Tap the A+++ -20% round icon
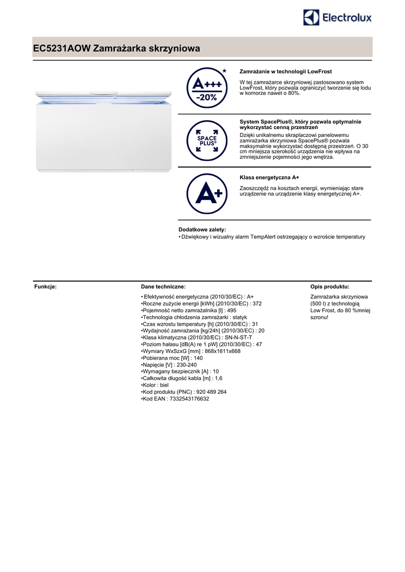pos(207,88)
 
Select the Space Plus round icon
pos(207,140)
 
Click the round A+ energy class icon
pos(207,194)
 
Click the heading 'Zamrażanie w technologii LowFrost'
pos(285,71)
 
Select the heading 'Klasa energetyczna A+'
pos(269,177)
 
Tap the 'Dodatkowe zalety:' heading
pos(202,230)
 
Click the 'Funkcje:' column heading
pos(45,286)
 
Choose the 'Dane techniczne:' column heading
pos(163,286)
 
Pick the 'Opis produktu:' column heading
pos(329,286)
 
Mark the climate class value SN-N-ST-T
pos(239,338)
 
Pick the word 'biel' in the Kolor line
pos(164,385)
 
